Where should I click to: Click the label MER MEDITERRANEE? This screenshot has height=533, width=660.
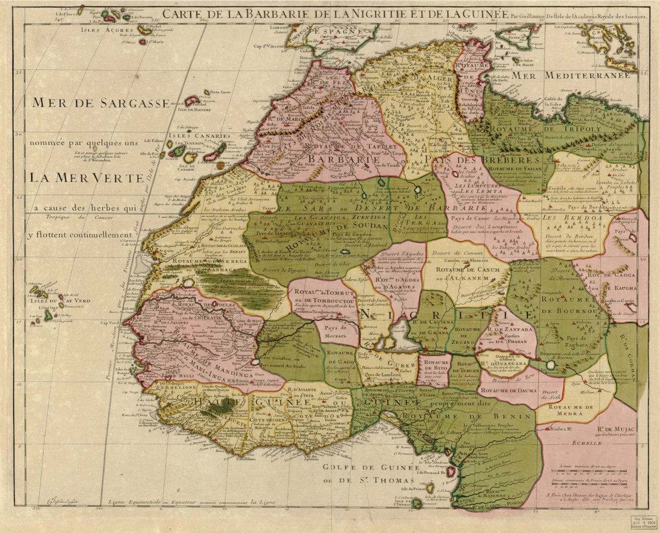585,76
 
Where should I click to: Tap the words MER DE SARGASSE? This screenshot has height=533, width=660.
101,103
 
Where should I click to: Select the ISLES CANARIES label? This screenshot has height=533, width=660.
200,136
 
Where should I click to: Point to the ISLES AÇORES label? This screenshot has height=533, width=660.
103,30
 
